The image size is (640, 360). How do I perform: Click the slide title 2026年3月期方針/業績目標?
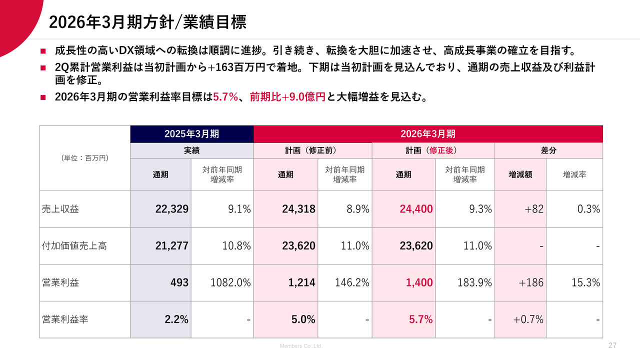point(147,22)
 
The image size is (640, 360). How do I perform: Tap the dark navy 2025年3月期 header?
point(192,134)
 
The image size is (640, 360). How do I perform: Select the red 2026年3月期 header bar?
point(428,134)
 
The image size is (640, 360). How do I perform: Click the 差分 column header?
point(548,150)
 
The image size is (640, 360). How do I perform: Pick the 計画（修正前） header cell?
point(313,150)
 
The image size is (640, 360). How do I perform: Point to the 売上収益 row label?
point(60,209)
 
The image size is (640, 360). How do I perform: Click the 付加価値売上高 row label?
point(74,246)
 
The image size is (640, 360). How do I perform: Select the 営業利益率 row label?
point(65,319)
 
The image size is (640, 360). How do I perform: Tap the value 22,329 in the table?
point(171,209)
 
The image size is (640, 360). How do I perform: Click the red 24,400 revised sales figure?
point(416,209)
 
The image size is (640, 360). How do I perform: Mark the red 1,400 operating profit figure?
point(419,282)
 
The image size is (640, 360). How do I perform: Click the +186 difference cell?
point(531,282)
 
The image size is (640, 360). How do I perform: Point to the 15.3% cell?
point(585,282)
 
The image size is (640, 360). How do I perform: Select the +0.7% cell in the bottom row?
point(528,319)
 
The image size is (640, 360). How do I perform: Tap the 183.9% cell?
point(474,282)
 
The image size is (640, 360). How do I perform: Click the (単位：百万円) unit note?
point(84,158)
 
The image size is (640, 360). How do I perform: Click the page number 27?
point(612,346)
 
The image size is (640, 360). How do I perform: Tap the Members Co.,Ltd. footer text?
point(300,346)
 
